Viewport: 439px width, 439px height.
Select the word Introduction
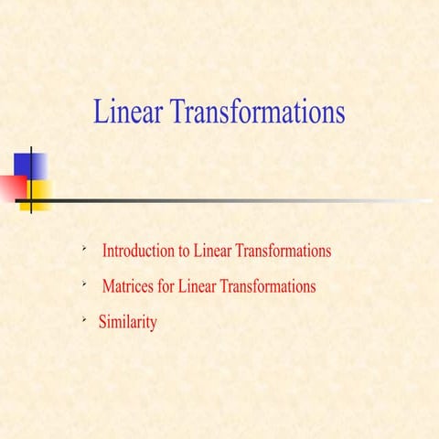click(x=138, y=250)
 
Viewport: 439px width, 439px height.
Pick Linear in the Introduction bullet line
click(x=213, y=250)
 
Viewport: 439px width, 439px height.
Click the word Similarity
click(x=127, y=323)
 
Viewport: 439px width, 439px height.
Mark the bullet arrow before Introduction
click(x=83, y=247)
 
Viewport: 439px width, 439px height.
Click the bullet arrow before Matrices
click(x=83, y=284)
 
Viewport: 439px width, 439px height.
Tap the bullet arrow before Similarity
click(x=83, y=320)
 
